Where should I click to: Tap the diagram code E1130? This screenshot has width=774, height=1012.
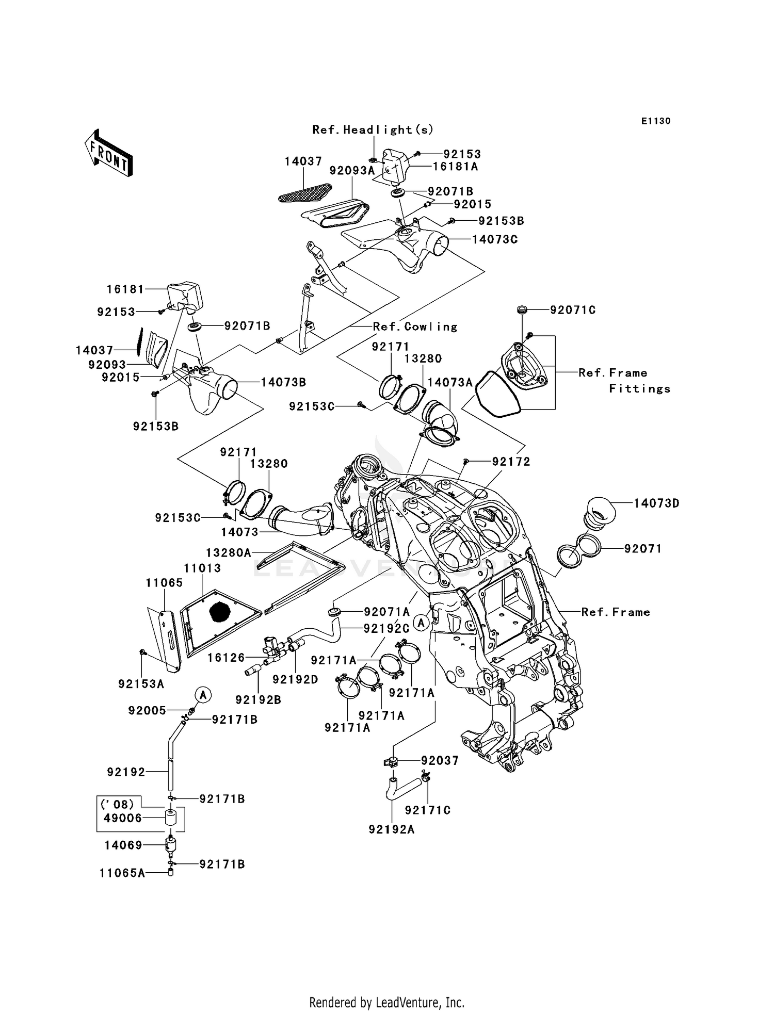(x=656, y=121)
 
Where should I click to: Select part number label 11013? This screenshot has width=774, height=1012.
(x=203, y=568)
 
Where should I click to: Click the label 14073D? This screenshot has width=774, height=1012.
(x=656, y=503)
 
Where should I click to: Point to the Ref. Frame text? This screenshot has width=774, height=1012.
(x=616, y=612)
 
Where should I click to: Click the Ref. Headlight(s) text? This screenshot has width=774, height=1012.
(x=373, y=129)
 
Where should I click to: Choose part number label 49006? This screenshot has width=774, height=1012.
(x=123, y=818)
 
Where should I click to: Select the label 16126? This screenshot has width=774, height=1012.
(x=226, y=658)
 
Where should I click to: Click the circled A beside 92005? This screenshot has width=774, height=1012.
(x=203, y=695)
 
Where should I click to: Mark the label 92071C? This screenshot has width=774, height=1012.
(x=573, y=310)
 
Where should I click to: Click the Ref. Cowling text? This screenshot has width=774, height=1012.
(x=415, y=327)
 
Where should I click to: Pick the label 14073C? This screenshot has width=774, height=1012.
(x=495, y=239)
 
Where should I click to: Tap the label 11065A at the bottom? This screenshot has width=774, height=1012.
(x=122, y=873)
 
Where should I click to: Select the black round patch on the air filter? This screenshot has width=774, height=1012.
(x=221, y=612)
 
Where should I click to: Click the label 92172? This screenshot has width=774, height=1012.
(x=511, y=462)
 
